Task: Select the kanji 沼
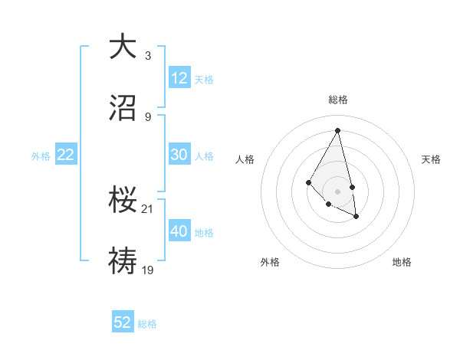[x=123, y=109]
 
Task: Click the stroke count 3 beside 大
[x=148, y=55]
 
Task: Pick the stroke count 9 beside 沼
[x=148, y=116]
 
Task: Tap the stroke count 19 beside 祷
[x=148, y=270]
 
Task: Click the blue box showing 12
[x=179, y=78]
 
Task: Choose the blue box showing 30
[x=179, y=155]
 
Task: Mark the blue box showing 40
[x=179, y=231]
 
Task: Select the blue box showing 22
[x=66, y=155]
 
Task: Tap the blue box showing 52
[x=123, y=322]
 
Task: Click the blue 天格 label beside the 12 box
[x=204, y=79]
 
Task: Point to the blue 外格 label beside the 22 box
[x=41, y=155]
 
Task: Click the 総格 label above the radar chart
[x=338, y=100]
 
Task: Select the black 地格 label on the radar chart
[x=402, y=262]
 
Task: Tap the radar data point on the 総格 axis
[x=338, y=130]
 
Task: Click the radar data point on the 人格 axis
[x=308, y=182]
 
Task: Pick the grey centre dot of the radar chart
[x=338, y=191]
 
